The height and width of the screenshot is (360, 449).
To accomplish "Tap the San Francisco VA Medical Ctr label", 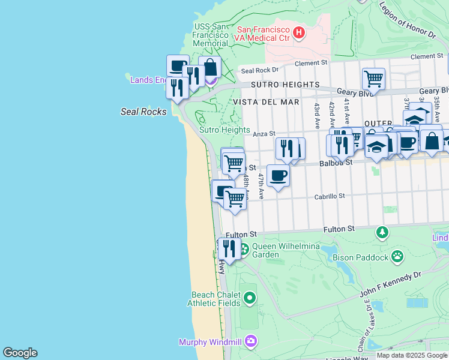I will (264, 34).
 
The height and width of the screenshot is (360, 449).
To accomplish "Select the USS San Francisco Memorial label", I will (210, 35).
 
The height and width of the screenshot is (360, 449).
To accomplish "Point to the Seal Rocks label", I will (143, 112).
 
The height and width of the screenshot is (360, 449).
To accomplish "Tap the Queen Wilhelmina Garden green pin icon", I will (244, 248).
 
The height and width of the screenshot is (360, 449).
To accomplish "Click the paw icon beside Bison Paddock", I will (397, 257).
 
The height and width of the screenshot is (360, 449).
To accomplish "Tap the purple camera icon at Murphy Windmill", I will (250, 342).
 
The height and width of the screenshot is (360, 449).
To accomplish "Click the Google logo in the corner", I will (20, 353).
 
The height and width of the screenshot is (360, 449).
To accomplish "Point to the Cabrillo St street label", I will (330, 196).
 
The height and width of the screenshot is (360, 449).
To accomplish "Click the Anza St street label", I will (263, 134).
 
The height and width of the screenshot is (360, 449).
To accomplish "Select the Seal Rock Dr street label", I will (256, 70).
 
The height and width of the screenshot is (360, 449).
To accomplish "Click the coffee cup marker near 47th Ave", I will (278, 176).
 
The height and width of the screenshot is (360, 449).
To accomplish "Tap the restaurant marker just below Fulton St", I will (229, 247).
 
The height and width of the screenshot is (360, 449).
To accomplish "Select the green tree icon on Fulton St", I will (382, 232).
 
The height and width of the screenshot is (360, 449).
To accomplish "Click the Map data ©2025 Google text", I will (412, 355).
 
